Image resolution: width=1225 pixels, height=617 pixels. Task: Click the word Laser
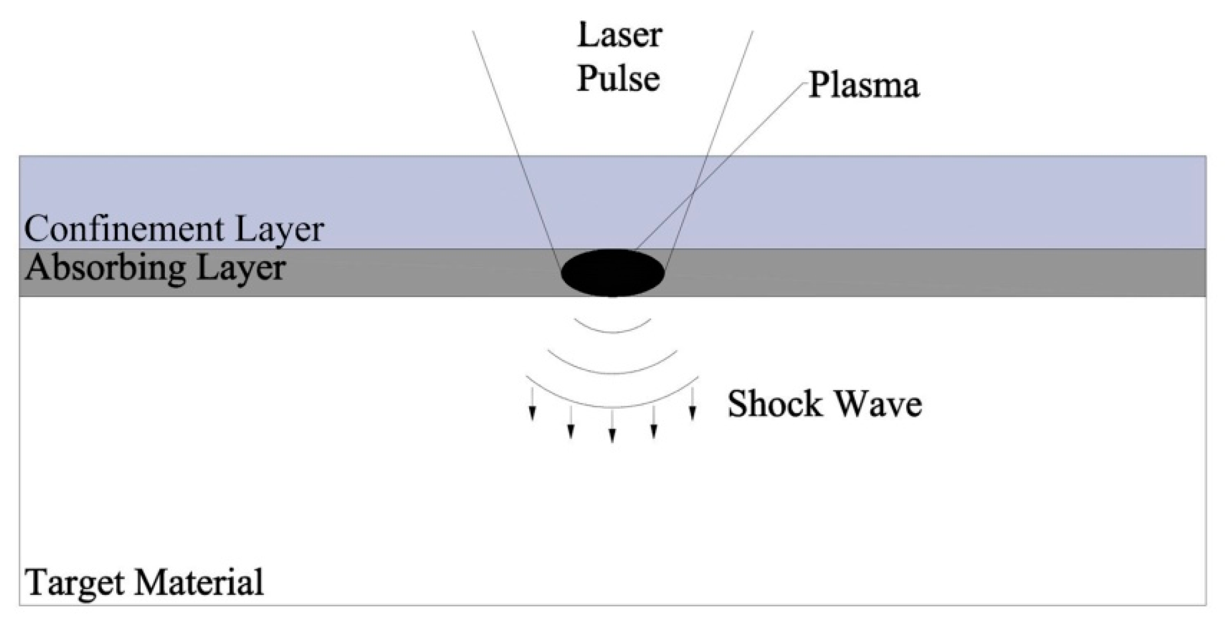point(620,35)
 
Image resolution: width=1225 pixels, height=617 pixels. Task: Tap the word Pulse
point(619,79)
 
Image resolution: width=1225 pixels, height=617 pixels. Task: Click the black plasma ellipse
point(613,273)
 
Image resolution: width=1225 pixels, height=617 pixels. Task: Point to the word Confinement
point(124,229)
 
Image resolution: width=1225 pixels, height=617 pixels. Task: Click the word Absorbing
point(105,268)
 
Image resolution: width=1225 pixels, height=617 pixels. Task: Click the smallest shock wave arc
point(613,331)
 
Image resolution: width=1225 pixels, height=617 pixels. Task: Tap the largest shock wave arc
point(613,405)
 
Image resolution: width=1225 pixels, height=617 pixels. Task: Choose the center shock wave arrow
point(612,426)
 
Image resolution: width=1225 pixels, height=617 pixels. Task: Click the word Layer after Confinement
point(279,230)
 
